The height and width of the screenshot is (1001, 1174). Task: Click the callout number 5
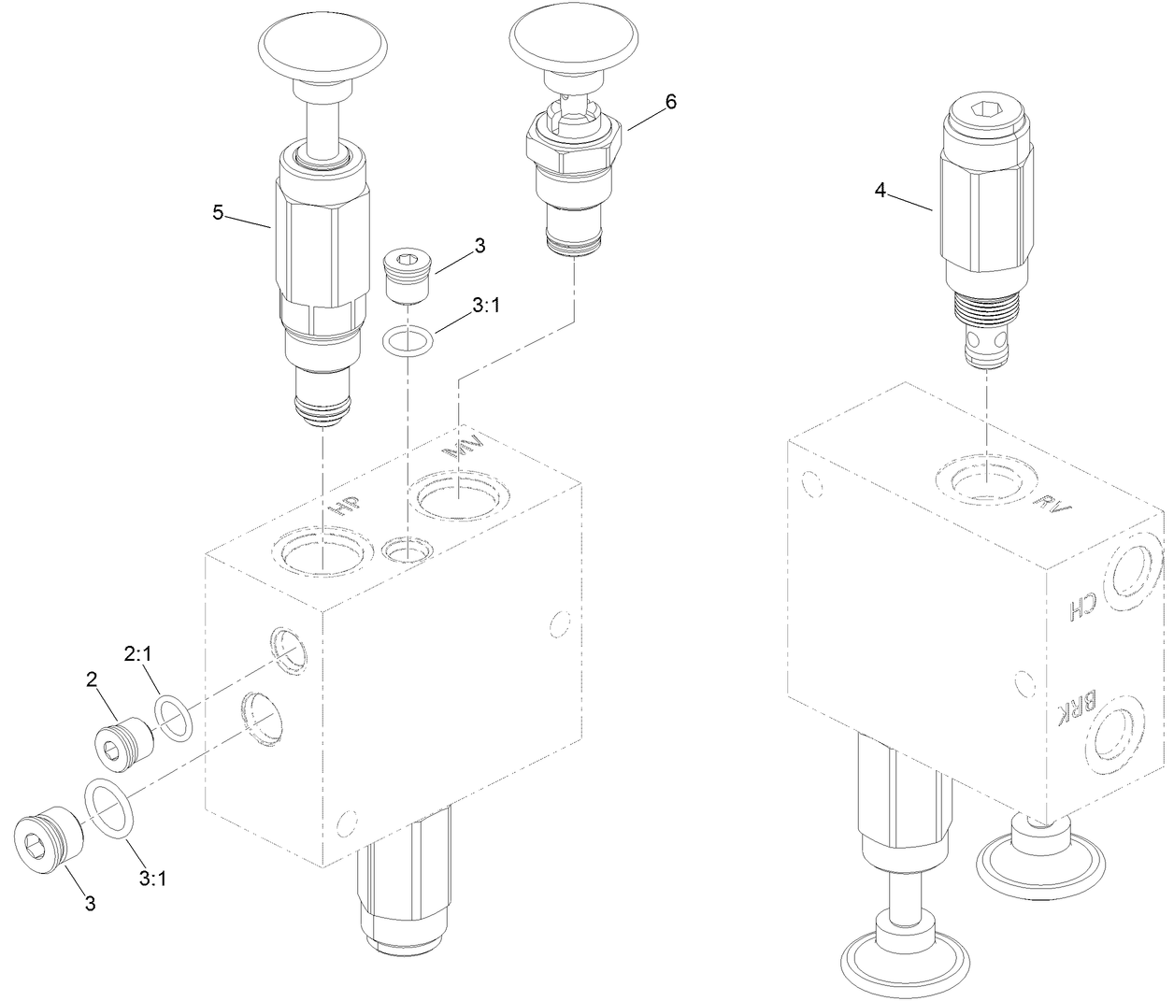(x=218, y=213)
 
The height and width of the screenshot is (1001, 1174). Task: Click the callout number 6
(x=669, y=102)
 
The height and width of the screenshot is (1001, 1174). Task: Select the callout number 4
(x=880, y=191)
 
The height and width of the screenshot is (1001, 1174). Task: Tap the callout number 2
(x=93, y=679)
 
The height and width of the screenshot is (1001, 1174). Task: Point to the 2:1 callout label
(x=138, y=655)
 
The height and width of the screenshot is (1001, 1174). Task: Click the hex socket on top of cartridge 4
(x=987, y=112)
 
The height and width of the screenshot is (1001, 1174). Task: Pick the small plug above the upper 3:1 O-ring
(x=407, y=275)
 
